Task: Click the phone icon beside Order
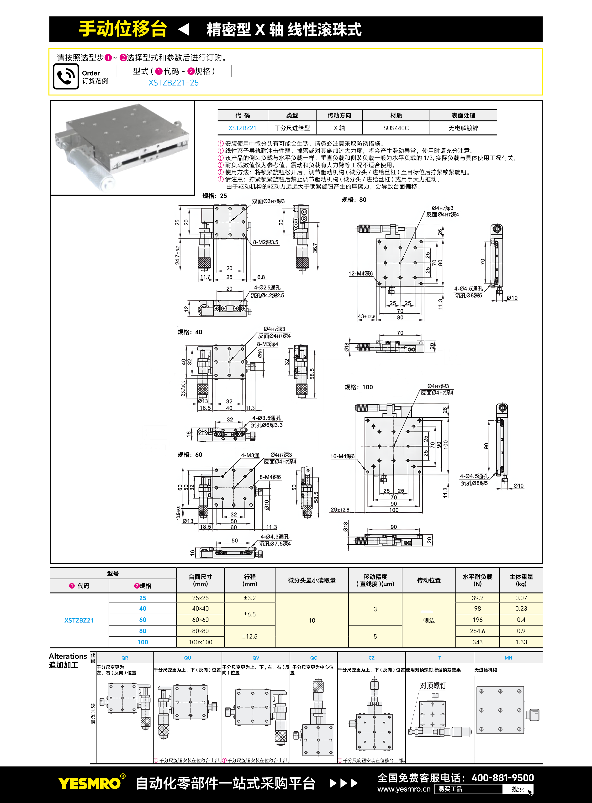tap(66, 76)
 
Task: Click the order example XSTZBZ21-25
tap(174, 83)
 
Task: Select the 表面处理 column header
tap(463, 115)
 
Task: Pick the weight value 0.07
tap(521, 598)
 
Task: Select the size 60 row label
tap(143, 620)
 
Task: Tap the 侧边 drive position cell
tap(428, 620)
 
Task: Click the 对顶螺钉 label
tap(433, 686)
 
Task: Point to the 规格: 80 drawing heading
tap(354, 199)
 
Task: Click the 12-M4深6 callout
tap(360, 274)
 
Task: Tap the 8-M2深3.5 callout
tap(265, 242)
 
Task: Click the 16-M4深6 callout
tap(342, 456)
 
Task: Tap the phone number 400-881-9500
tap(502, 777)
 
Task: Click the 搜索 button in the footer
tap(518, 789)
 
